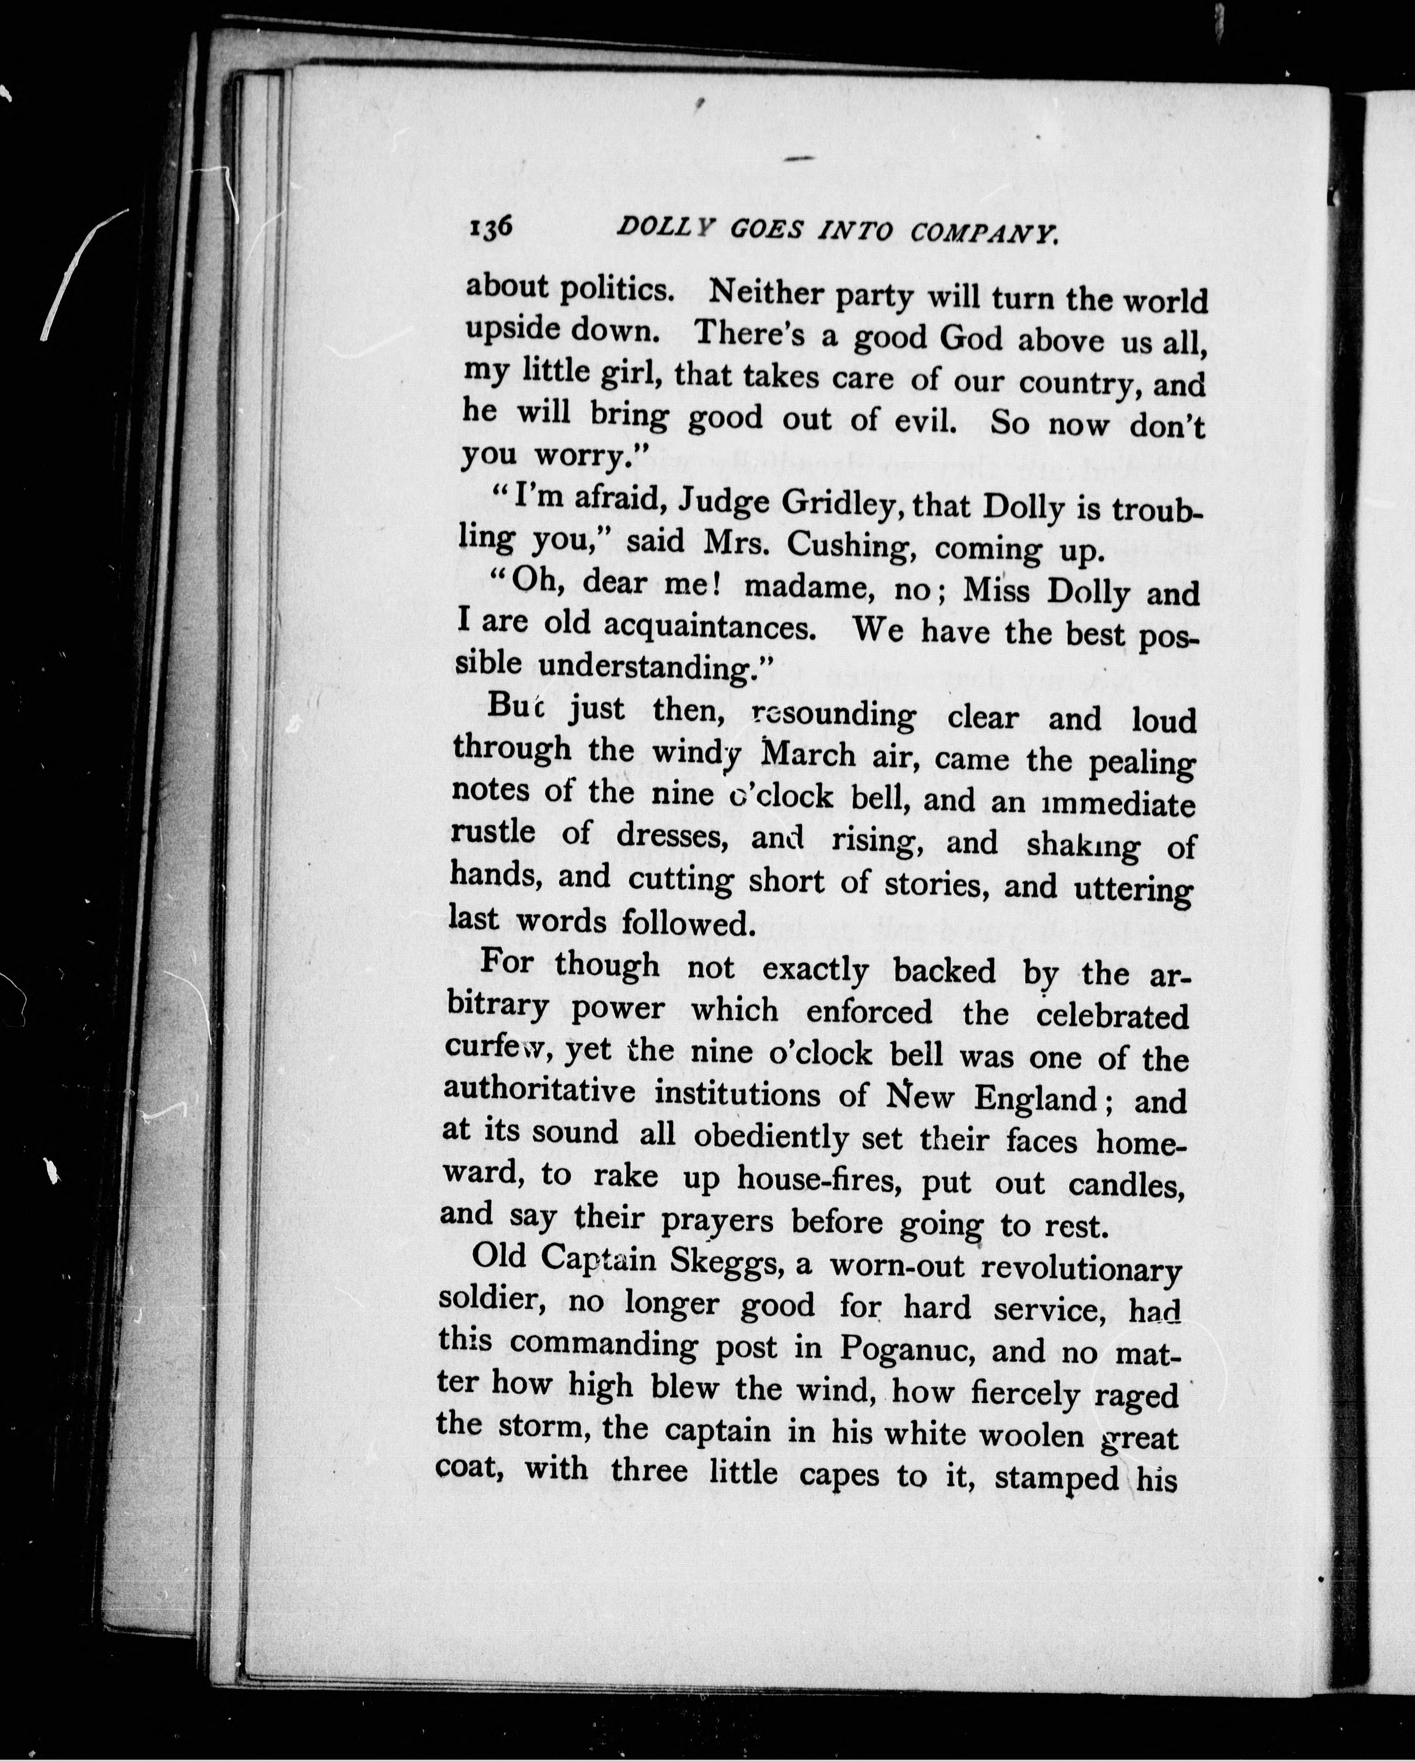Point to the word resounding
(x=833, y=715)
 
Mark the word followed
(x=685, y=923)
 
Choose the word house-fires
(x=819, y=1179)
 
